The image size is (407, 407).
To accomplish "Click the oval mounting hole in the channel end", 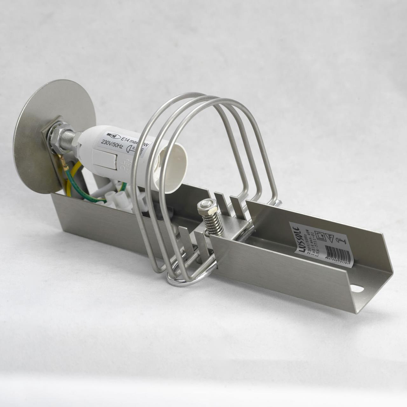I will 357,289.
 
